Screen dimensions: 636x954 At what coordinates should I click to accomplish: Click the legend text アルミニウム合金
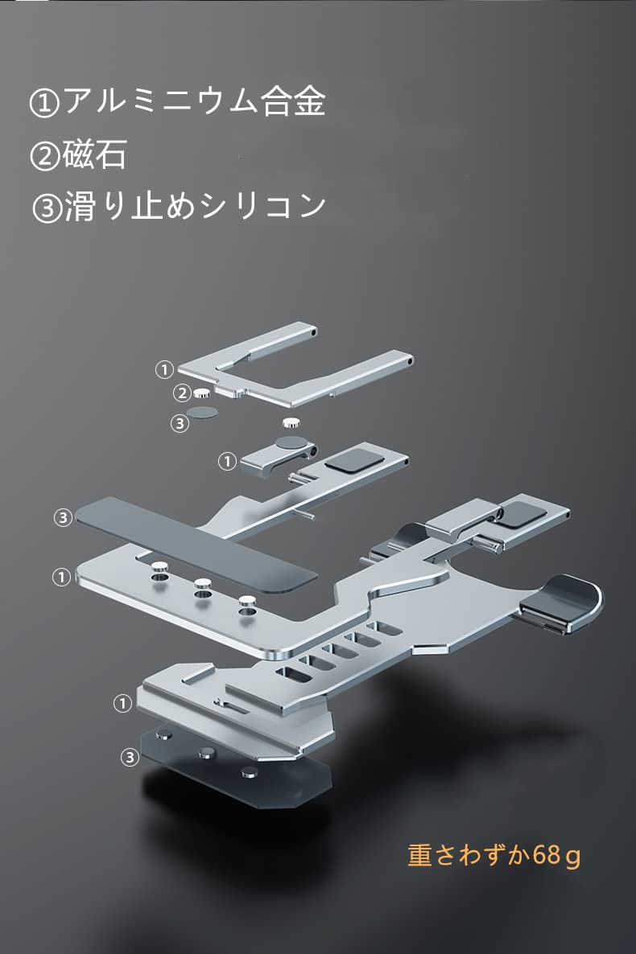click(195, 101)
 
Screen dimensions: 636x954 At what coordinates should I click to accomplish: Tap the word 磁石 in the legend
click(94, 154)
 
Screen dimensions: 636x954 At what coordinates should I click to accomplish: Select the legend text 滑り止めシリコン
click(195, 206)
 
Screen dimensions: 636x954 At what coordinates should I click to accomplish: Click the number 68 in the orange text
click(547, 854)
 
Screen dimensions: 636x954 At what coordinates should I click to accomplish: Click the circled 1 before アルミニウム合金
click(45, 104)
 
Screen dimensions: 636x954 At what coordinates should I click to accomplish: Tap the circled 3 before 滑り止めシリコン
click(47, 208)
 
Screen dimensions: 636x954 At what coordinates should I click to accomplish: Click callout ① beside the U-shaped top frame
click(164, 369)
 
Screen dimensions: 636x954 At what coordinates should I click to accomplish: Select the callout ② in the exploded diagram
click(182, 393)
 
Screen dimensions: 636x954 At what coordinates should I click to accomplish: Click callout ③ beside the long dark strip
click(63, 518)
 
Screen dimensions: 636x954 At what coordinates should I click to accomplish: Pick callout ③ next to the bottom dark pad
click(130, 758)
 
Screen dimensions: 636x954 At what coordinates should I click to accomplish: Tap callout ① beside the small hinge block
click(227, 462)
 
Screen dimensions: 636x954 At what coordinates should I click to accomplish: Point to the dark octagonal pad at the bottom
click(237, 770)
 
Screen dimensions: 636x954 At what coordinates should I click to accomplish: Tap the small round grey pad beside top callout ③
click(202, 413)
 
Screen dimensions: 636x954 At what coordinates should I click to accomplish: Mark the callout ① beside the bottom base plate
click(122, 704)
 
